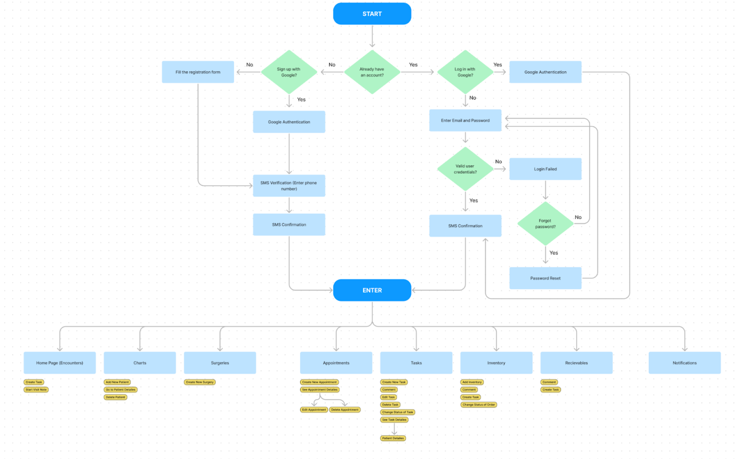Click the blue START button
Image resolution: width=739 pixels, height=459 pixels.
tap(372, 14)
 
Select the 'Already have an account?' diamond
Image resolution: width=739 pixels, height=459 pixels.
tap(372, 72)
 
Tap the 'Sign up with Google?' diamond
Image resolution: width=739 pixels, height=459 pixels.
tap(289, 72)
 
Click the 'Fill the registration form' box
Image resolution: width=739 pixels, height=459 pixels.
tap(198, 72)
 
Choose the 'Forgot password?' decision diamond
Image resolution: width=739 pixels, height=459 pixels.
tap(545, 224)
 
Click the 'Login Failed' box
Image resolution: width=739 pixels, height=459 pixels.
tap(545, 169)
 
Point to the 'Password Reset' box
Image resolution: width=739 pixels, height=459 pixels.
tap(545, 278)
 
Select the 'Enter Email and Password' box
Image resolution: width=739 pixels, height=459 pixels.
tap(465, 121)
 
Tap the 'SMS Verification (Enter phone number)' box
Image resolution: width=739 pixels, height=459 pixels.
tap(289, 186)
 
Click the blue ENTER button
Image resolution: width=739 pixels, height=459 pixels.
tap(372, 290)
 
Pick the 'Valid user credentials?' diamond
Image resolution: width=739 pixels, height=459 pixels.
tap(465, 169)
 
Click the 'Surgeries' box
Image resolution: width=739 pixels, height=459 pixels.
tap(220, 363)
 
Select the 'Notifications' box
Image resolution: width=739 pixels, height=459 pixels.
tap(684, 363)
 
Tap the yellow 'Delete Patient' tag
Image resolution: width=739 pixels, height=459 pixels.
tap(115, 397)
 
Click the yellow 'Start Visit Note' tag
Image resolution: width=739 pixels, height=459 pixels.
tap(36, 390)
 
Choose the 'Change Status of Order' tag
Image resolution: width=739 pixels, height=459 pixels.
tap(478, 405)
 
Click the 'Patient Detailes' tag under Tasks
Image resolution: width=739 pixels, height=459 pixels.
tap(393, 438)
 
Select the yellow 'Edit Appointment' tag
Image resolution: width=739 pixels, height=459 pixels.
tap(314, 410)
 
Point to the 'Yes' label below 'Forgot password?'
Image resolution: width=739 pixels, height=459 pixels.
tap(553, 253)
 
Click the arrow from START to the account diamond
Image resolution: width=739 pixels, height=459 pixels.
tap(372, 37)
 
